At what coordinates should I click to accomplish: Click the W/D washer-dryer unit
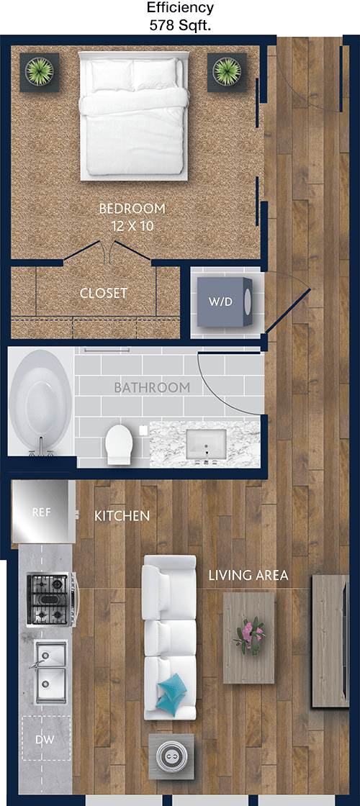225,302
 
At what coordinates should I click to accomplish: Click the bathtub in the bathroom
40,403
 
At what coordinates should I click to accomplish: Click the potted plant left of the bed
40,73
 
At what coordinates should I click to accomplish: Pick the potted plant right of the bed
227,72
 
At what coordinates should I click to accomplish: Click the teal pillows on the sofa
172,694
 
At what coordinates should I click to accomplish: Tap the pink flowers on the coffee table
249,635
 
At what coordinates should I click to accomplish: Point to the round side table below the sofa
171,756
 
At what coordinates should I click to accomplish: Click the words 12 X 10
132,226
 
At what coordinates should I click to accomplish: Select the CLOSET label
104,294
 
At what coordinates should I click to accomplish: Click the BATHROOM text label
152,388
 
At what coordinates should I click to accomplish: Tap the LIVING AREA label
248,576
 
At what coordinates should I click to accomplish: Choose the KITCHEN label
122,515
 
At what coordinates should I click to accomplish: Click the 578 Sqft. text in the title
180,26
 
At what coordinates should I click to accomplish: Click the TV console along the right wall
330,641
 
